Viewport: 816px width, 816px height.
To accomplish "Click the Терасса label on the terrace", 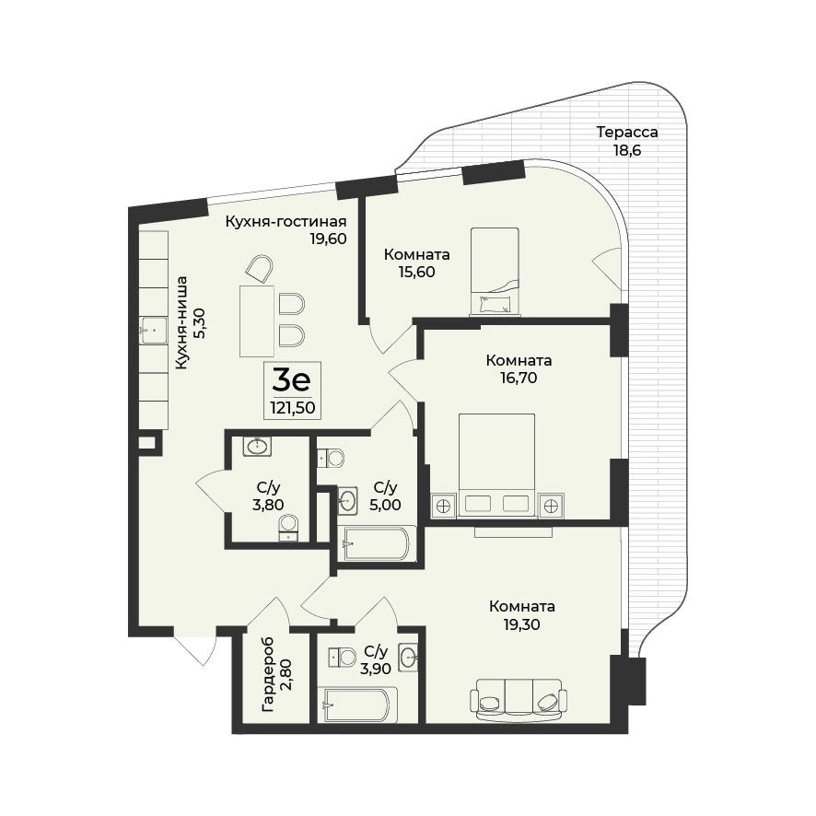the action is point(627,133).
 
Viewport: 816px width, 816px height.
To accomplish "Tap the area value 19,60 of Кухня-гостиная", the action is point(329,239).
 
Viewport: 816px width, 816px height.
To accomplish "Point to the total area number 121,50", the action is point(293,407).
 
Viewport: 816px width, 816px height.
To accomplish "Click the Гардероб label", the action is point(268,675).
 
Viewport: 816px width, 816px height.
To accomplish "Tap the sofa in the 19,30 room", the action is point(519,700).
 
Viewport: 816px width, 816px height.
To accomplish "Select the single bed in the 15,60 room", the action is point(495,271).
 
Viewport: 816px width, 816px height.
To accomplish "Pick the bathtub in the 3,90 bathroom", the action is point(360,705).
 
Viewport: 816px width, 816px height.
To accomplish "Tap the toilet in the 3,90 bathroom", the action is point(342,658).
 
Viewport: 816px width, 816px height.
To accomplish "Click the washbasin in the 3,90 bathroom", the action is point(408,658).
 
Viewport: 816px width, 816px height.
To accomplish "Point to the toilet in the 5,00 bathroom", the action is point(331,459).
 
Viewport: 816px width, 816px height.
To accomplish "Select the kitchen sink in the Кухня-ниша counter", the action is point(153,331).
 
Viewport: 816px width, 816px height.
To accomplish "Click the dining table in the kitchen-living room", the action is point(257,321).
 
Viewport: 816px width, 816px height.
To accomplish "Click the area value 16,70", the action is point(519,378).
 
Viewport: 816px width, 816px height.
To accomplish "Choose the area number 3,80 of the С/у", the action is point(268,505).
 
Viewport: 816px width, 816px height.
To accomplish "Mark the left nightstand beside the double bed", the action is point(443,505).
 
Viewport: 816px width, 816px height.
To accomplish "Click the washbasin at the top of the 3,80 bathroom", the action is point(257,446).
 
